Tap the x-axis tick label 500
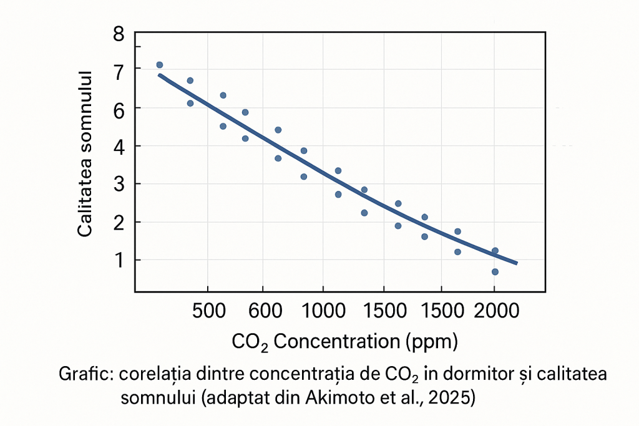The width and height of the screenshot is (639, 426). coord(207,311)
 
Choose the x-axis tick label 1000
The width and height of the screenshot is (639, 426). coord(323,311)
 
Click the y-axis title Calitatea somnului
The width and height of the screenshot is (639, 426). coord(85,153)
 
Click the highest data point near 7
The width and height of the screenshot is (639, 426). coord(159,65)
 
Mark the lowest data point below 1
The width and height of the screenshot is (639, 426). coord(495,272)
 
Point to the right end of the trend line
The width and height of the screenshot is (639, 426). coord(516,263)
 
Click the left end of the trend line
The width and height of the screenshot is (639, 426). coord(160,75)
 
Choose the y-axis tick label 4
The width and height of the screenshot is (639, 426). coord(119,146)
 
